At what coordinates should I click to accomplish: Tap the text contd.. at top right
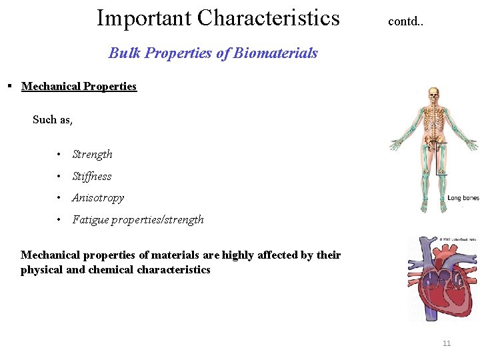[x=405, y=21]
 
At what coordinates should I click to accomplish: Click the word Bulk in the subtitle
[x=124, y=53]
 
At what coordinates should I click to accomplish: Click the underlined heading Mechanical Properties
[x=79, y=86]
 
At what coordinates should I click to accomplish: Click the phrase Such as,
[x=53, y=119]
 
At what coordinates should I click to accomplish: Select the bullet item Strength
[x=92, y=155]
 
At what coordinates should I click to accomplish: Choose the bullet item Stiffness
[x=91, y=177]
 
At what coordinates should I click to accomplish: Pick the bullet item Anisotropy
[x=98, y=198]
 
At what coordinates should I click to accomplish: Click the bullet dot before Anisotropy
[x=59, y=198]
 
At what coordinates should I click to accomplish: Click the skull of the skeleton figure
[x=433, y=93]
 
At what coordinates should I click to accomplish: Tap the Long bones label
[x=463, y=198]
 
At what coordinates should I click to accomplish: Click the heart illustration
[x=441, y=277]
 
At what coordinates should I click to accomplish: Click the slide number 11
[x=447, y=343]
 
